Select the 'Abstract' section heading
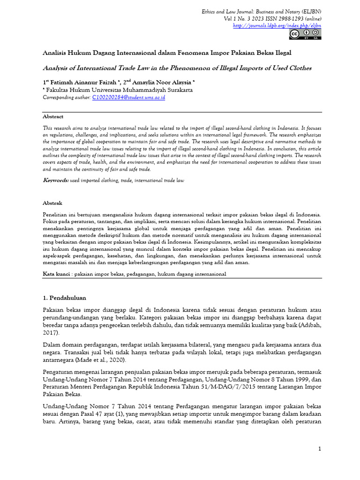(x=53, y=116)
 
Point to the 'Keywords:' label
(x=56, y=180)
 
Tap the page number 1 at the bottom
(x=319, y=449)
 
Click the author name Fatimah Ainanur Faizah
(x=81, y=82)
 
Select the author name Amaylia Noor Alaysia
(x=156, y=82)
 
